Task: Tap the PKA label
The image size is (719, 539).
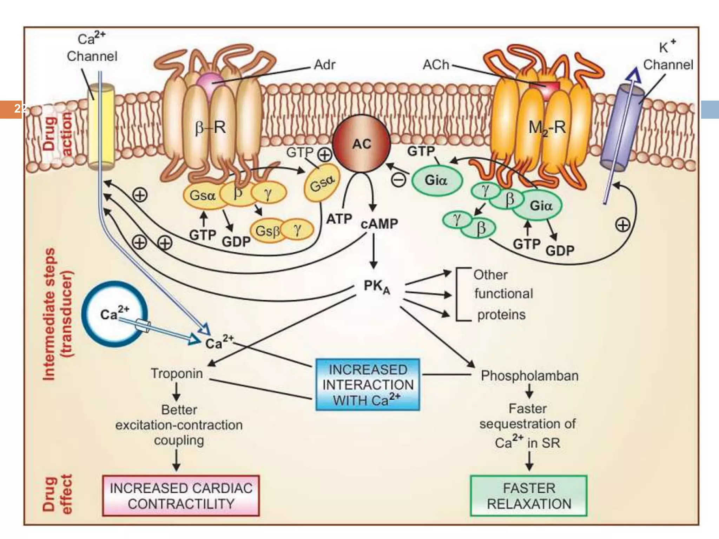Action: [376, 287]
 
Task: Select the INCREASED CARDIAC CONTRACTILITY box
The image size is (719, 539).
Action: [181, 495]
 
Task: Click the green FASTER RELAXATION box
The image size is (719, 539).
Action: [528, 495]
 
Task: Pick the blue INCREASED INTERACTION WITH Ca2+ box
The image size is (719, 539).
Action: [368, 385]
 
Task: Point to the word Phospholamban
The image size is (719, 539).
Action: [529, 375]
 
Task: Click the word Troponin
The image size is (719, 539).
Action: [177, 373]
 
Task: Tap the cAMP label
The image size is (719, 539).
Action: [379, 224]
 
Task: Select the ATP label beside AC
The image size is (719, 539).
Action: [339, 219]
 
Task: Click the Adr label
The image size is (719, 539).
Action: [325, 65]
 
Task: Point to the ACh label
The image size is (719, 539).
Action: [436, 65]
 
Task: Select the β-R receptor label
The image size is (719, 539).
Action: [210, 127]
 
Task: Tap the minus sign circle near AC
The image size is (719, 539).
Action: [398, 180]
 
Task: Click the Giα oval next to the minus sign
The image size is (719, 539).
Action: [436, 180]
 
